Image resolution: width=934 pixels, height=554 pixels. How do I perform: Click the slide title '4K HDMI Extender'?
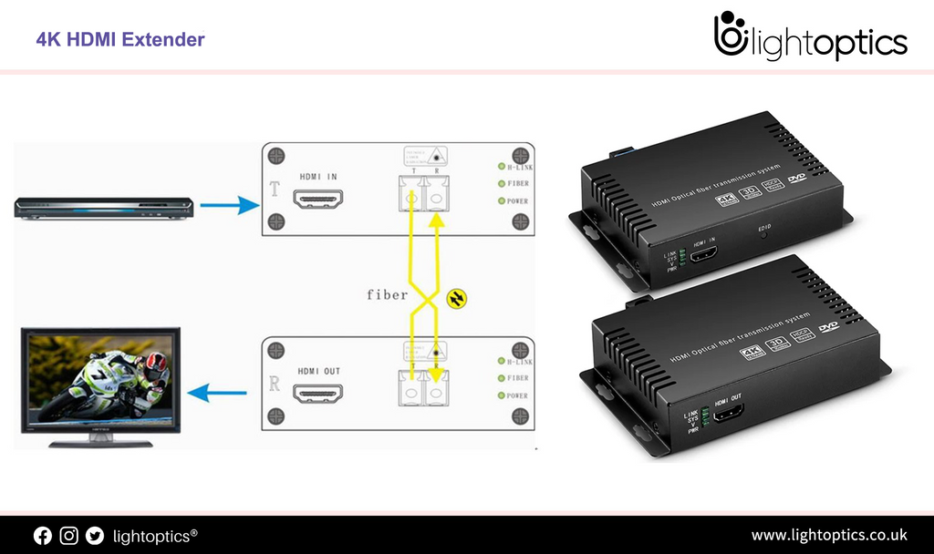(120, 39)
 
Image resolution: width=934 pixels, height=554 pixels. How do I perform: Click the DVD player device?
(104, 208)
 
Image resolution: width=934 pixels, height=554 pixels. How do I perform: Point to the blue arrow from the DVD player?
(230, 206)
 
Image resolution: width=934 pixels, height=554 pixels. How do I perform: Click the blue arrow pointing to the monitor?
(217, 393)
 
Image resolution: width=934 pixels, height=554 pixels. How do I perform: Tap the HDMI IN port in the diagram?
(318, 198)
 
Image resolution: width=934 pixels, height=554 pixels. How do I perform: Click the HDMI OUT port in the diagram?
(318, 394)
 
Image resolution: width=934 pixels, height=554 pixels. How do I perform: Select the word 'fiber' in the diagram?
(387, 294)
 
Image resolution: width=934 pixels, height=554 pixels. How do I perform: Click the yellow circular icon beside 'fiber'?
(456, 298)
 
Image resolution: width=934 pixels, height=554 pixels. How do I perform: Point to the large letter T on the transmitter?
(275, 190)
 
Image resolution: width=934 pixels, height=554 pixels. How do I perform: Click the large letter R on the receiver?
(275, 384)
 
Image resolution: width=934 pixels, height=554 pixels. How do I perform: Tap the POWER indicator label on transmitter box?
(517, 200)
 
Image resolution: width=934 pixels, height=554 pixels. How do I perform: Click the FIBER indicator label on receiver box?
(517, 378)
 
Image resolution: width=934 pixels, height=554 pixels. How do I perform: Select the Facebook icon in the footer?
(43, 536)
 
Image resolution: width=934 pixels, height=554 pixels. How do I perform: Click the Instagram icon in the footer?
(68, 536)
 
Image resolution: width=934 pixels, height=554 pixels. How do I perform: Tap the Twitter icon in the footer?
(95, 536)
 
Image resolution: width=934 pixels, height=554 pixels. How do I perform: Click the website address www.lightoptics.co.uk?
(828, 535)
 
